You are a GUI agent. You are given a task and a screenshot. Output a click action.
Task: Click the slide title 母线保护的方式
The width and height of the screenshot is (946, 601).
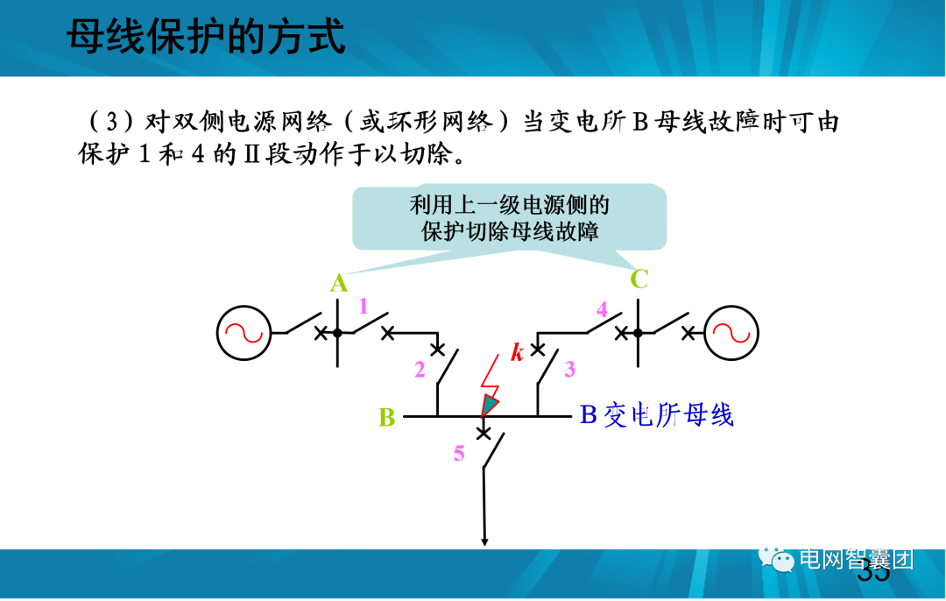tap(206, 39)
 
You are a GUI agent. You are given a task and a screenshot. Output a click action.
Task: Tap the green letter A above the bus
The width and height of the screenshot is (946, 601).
tap(339, 283)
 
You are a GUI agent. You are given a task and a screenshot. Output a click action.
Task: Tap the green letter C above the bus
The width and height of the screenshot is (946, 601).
tap(639, 279)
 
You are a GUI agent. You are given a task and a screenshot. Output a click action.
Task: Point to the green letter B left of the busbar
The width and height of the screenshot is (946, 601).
tap(387, 417)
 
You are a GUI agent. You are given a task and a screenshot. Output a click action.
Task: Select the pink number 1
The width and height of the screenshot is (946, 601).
tap(363, 306)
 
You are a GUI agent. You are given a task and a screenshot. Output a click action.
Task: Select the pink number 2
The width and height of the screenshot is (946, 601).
tap(420, 370)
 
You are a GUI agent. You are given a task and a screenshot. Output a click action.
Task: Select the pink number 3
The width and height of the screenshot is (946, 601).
tap(569, 369)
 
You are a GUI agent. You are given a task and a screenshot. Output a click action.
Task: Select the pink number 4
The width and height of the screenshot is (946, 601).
tap(602, 308)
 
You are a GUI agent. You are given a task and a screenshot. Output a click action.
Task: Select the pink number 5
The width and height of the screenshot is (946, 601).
tap(459, 453)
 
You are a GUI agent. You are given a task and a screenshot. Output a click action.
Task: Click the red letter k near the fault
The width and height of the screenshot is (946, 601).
tap(518, 353)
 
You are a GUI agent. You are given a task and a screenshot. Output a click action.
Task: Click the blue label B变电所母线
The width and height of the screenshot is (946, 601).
tap(656, 415)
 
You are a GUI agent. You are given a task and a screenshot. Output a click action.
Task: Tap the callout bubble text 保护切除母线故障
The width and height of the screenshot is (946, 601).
tap(511, 231)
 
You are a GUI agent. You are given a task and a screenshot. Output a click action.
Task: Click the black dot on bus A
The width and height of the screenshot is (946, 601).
tap(337, 332)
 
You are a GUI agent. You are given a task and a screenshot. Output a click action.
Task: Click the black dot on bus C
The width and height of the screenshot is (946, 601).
tap(638, 332)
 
